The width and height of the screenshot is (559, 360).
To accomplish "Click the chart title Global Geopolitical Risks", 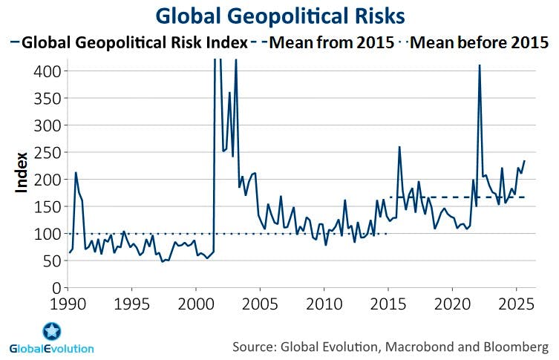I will click(279, 16).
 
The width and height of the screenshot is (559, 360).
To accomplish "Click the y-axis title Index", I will click(22, 172).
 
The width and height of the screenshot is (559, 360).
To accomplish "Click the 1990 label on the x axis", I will click(69, 304).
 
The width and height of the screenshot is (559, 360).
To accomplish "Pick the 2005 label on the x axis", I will click(260, 304).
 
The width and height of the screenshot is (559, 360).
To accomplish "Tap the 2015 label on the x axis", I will click(387, 304).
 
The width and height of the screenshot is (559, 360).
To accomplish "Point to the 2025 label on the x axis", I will click(514, 304).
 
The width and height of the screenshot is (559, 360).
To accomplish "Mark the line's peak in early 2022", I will click(480, 65).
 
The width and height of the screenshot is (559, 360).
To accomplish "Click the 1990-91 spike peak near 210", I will click(76, 173).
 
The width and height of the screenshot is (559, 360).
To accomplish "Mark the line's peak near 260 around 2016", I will click(399, 147).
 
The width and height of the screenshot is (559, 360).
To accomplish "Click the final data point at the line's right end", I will click(524, 161).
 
